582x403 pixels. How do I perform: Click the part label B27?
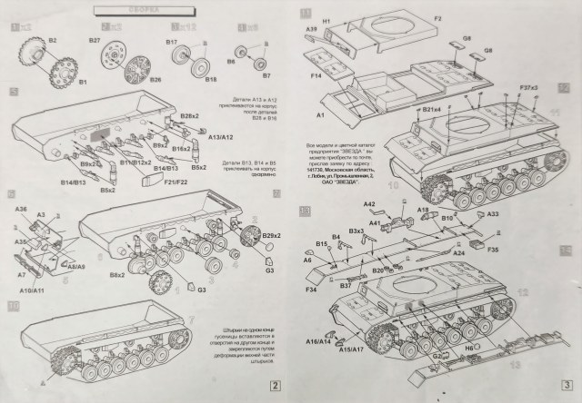click(94, 42)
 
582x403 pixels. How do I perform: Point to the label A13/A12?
click(222, 137)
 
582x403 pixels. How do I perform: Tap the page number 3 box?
click(567, 384)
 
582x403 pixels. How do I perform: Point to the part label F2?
click(436, 18)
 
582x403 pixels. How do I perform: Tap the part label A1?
click(320, 118)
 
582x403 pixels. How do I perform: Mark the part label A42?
click(370, 204)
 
